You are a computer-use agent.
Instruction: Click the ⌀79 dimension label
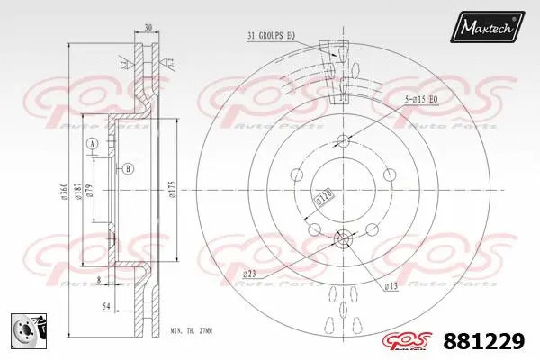coord(90,191)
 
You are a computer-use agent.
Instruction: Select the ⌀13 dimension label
coord(391,286)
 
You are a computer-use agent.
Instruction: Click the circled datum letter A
coord(91,145)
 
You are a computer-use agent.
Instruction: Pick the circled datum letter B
coord(128,168)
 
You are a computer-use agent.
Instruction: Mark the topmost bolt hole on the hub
coord(343,140)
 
